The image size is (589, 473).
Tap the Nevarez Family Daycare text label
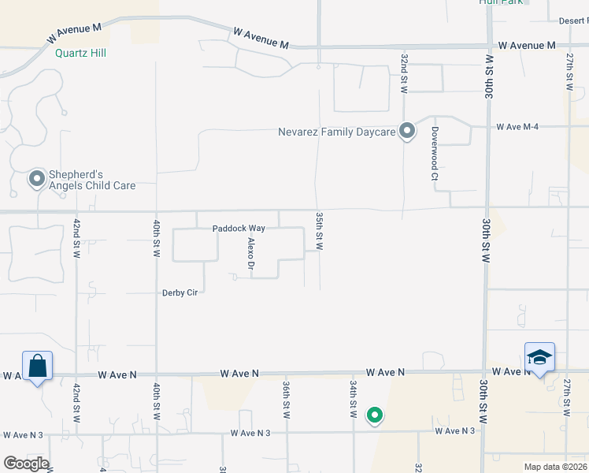pos(336,132)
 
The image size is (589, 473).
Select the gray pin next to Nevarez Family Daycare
pos(407,131)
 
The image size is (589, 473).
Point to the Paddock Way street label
pos(239,229)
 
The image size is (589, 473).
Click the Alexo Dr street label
pos(251,255)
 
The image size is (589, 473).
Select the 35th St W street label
pos(320,230)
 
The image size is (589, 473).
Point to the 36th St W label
pos(287,400)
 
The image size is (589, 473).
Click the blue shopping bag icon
pos(37,367)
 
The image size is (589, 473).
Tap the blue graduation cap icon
pos(539,358)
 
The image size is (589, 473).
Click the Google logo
pos(25,464)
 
